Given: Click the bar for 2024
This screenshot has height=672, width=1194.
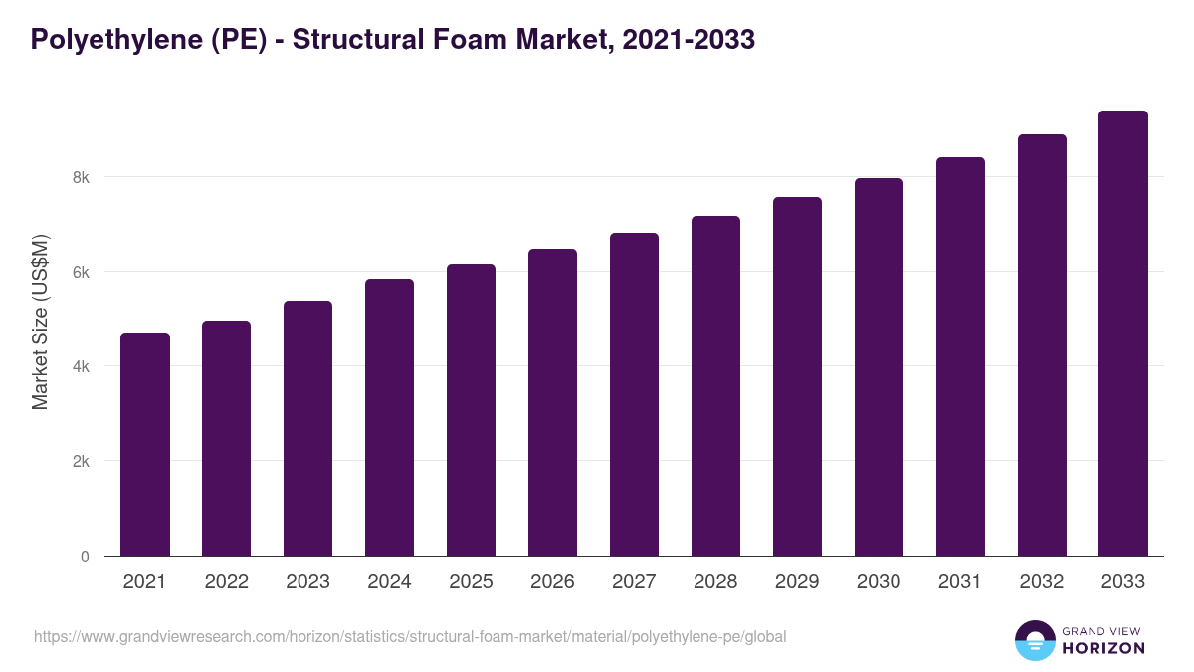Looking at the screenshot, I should coord(389,417).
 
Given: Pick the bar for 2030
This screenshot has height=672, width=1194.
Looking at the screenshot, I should coord(879,367).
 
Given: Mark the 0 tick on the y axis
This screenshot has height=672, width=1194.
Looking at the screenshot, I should coord(85,557).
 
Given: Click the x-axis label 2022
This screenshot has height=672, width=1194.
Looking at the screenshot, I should coord(226,582).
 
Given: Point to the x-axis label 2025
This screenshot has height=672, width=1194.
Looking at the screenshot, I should coord(471,582).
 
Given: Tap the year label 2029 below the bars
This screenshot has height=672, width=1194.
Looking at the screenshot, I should coord(797,582).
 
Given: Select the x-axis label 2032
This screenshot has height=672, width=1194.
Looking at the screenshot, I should coord(1042,582).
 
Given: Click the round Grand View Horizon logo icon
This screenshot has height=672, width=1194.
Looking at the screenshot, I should coord(1034,640).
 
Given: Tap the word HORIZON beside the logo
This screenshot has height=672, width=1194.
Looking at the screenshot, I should coord(1103,648).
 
